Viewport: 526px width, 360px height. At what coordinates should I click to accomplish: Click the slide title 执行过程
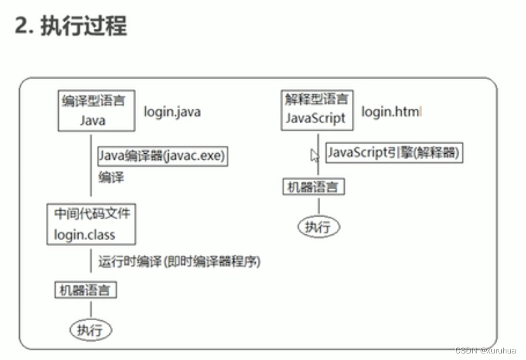tap(84, 26)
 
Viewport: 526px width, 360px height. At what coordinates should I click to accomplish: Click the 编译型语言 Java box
tap(93, 111)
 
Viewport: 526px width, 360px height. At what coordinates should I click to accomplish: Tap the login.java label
tap(173, 112)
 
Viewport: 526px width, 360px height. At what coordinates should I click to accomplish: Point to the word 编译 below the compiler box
tap(111, 177)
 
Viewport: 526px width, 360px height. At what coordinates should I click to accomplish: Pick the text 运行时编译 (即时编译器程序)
tap(180, 261)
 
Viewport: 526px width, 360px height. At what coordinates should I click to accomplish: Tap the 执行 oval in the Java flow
tap(90, 329)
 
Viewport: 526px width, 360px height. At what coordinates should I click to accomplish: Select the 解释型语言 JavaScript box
tap(318, 110)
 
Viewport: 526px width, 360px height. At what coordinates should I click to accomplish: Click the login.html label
tap(391, 112)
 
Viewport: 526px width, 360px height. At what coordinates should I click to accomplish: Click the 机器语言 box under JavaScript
tap(313, 187)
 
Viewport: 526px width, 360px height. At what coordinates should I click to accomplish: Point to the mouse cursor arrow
tap(314, 154)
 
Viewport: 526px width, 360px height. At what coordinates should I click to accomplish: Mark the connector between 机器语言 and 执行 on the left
tap(90, 309)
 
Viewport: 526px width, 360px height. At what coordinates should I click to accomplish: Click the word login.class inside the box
tap(84, 234)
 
